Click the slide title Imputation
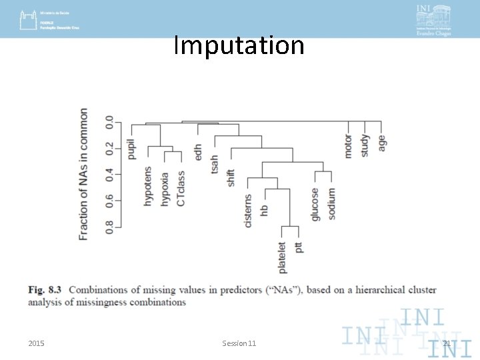[x=239, y=45]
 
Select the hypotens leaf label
[x=148, y=186]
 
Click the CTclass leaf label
[x=181, y=189]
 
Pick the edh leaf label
[x=197, y=151]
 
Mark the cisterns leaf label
[x=248, y=211]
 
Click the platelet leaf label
[x=282, y=257]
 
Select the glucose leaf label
[x=315, y=203]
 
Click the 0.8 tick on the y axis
[x=109, y=226]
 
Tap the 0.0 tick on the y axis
[x=109, y=123]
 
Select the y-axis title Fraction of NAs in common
[x=83, y=174]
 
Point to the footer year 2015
[x=37, y=343]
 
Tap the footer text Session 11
[x=239, y=343]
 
